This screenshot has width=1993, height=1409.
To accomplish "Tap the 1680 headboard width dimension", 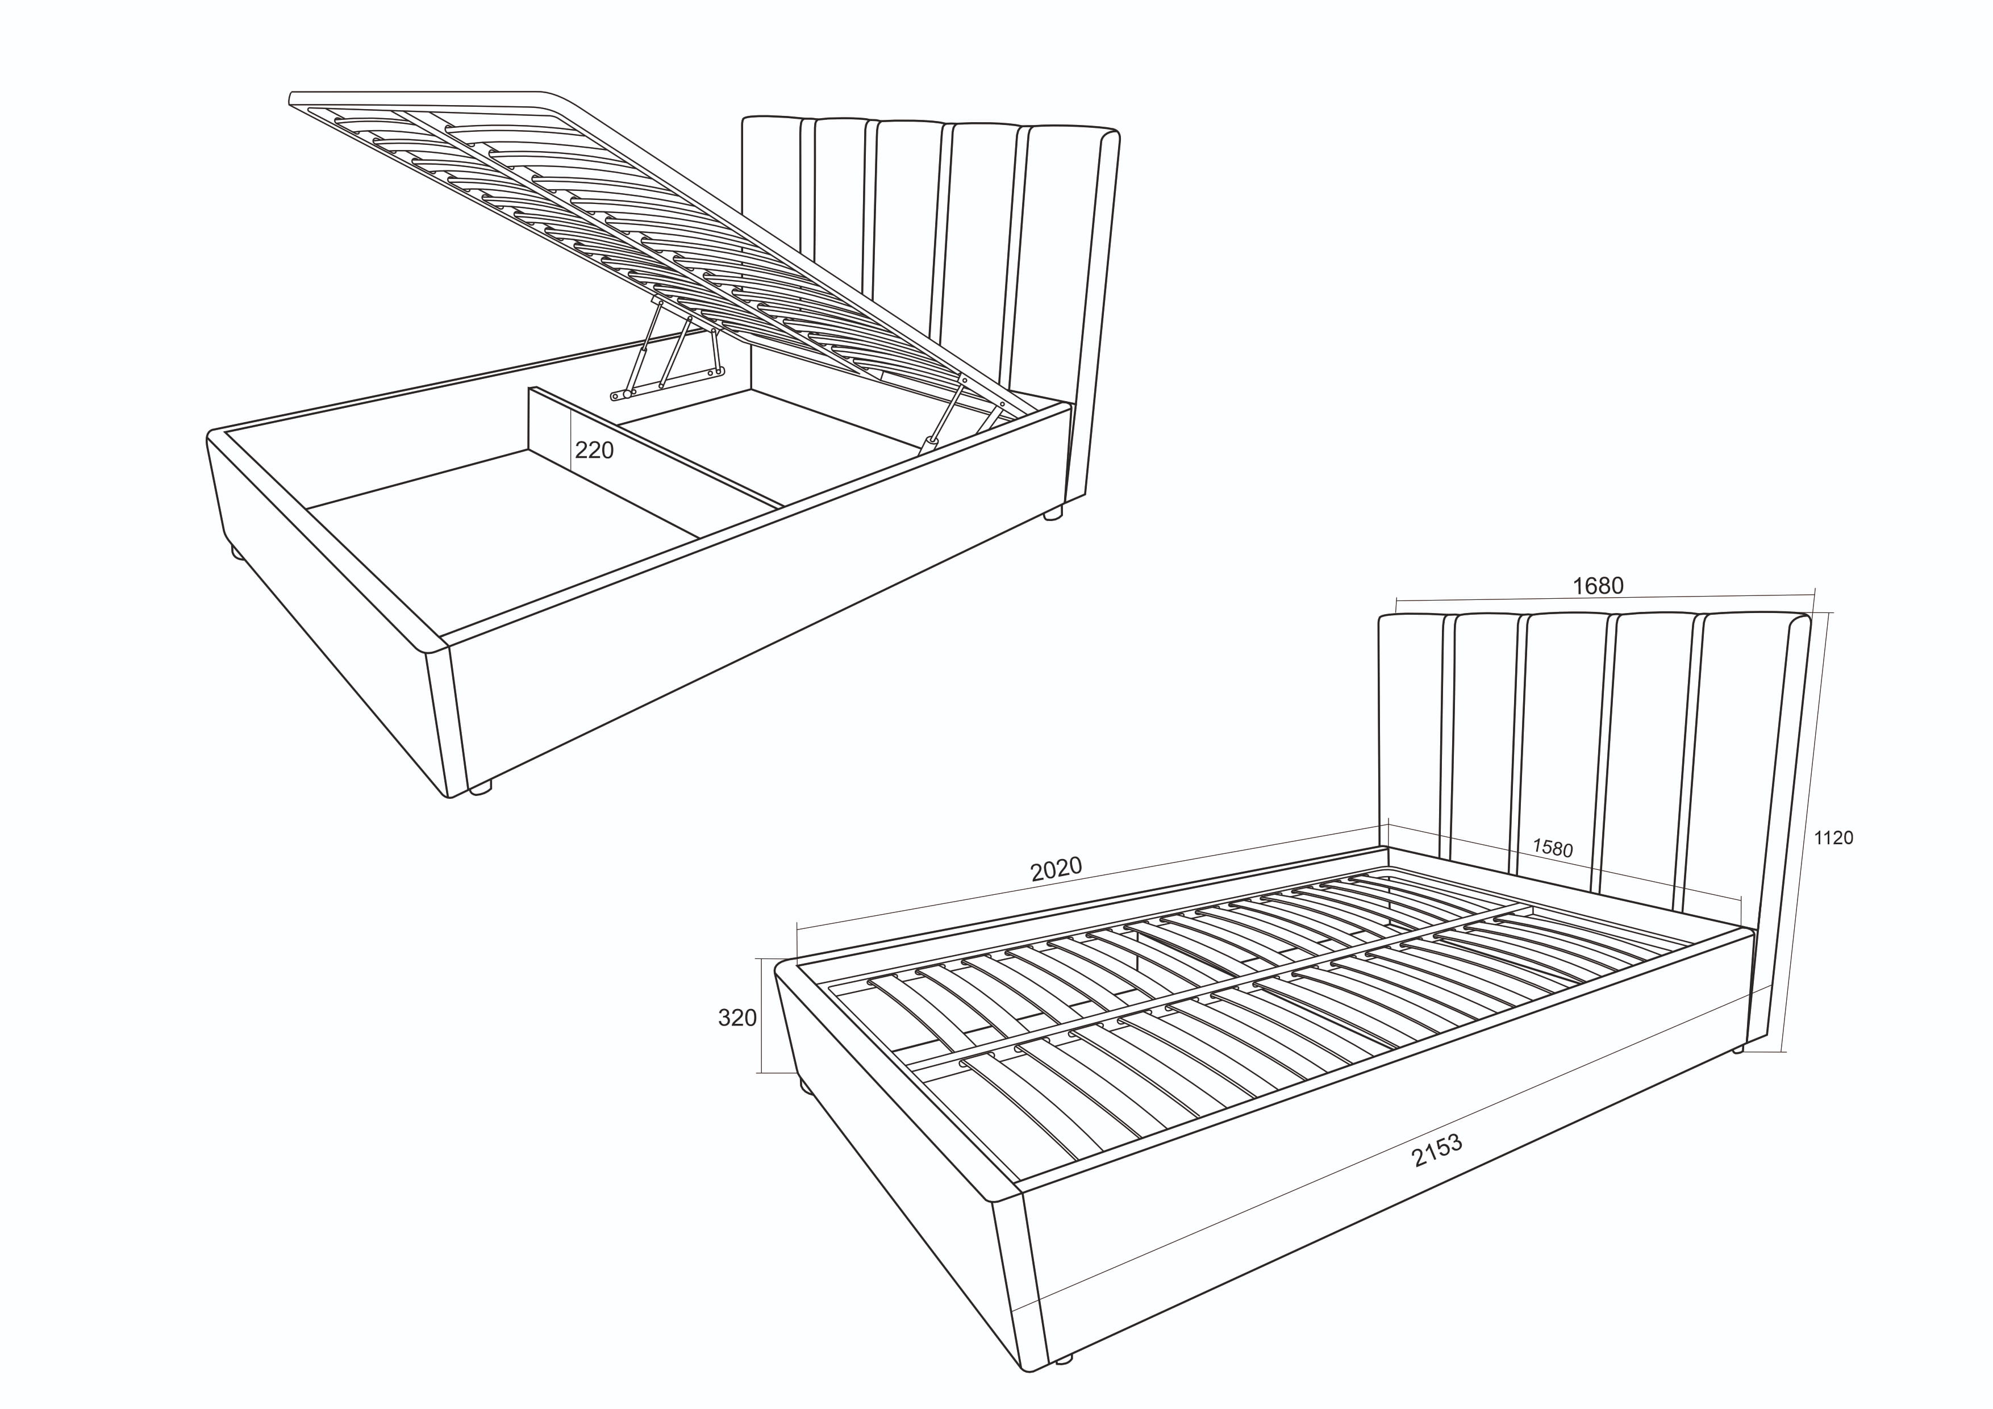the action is coord(1598,586).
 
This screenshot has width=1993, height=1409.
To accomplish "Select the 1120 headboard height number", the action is coord(1833,838).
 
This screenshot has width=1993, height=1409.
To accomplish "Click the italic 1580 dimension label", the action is coord(1552,847).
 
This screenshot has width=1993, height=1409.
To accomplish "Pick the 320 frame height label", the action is coord(737,1018).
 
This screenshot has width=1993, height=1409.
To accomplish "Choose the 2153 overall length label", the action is coord(1437,1150).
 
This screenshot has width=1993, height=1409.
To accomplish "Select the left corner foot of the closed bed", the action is coord(806,1085).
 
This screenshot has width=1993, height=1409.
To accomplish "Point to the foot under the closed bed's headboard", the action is coord(1738,1049).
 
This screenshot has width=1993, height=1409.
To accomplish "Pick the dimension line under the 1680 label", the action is coord(1604,598).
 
